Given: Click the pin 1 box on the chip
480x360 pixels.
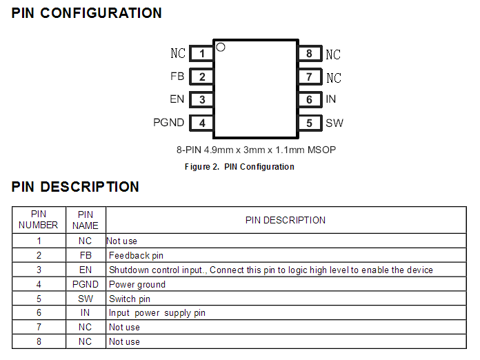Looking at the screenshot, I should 201,54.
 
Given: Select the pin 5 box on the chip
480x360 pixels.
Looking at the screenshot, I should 310,123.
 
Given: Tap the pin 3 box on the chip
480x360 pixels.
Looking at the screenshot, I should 201,100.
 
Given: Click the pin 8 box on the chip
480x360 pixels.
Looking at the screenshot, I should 310,54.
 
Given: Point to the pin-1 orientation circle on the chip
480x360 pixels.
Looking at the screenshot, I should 221,48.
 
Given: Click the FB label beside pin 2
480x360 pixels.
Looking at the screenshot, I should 177,77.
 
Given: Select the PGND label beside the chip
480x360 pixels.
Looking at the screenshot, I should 169,123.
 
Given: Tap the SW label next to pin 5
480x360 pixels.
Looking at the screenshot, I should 334,123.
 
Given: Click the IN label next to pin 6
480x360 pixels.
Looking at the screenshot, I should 331,99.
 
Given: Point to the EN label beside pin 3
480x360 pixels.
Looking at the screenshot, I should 177,99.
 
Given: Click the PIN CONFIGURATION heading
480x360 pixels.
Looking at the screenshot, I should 87,13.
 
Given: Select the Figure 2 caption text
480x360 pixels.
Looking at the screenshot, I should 239,167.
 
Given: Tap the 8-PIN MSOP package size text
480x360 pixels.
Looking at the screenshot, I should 256,150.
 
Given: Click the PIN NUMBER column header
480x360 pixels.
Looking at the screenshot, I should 39,220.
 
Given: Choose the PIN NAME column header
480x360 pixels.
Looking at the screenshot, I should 86,220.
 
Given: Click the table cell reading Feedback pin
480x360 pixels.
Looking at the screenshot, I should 137,255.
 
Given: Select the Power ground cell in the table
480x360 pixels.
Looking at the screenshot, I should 137,284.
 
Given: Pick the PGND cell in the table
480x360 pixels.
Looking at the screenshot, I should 86,284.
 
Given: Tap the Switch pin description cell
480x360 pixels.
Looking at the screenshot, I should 130,299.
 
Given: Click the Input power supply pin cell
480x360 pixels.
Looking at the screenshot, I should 157,313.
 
